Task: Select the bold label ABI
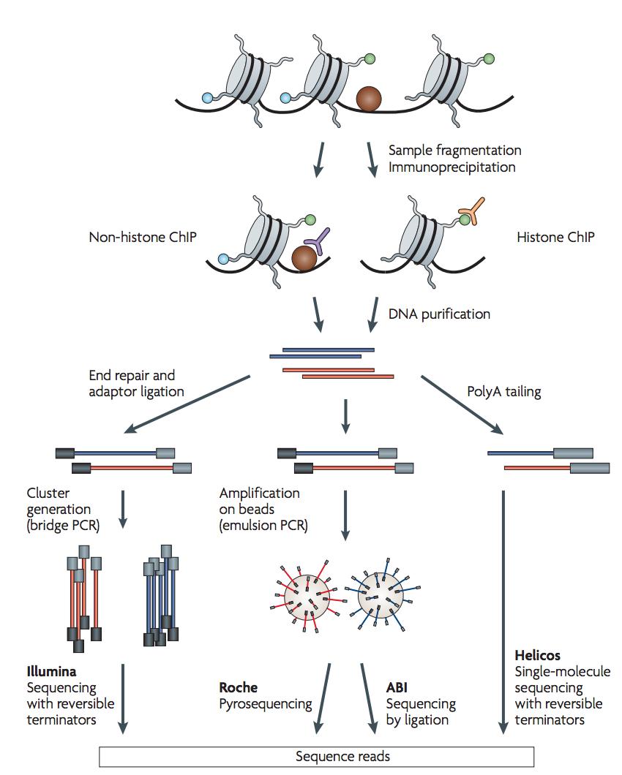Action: [x=397, y=687]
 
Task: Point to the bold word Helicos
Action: [x=537, y=655]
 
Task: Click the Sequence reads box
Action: [x=316, y=756]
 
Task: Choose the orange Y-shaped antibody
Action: [x=466, y=214]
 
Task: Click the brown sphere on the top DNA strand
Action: [x=368, y=99]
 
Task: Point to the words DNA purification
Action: [x=439, y=314]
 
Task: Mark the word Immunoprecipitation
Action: [x=454, y=167]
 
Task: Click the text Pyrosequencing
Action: [x=266, y=704]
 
